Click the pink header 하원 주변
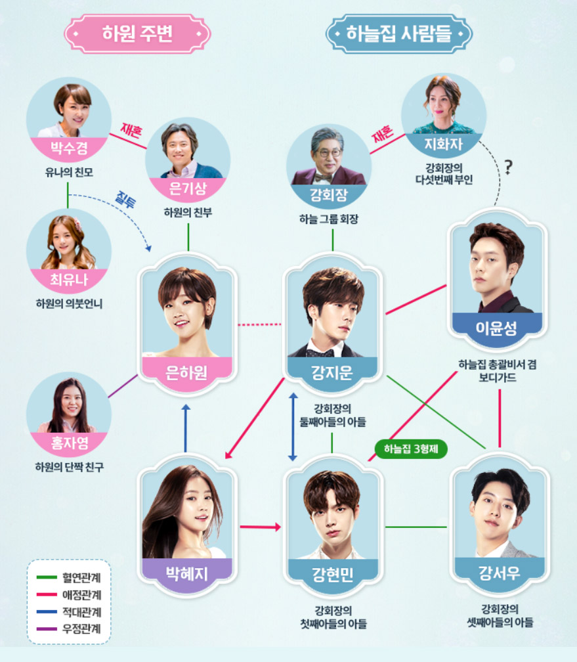pyautogui.click(x=137, y=33)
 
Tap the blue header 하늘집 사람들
pyautogui.click(x=400, y=33)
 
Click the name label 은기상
pyautogui.click(x=188, y=187)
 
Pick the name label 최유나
pyautogui.click(x=68, y=281)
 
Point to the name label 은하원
pyautogui.click(x=188, y=373)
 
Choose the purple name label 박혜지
pyautogui.click(x=188, y=573)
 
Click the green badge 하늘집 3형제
pyautogui.click(x=411, y=451)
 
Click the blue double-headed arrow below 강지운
pyautogui.click(x=293, y=428)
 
